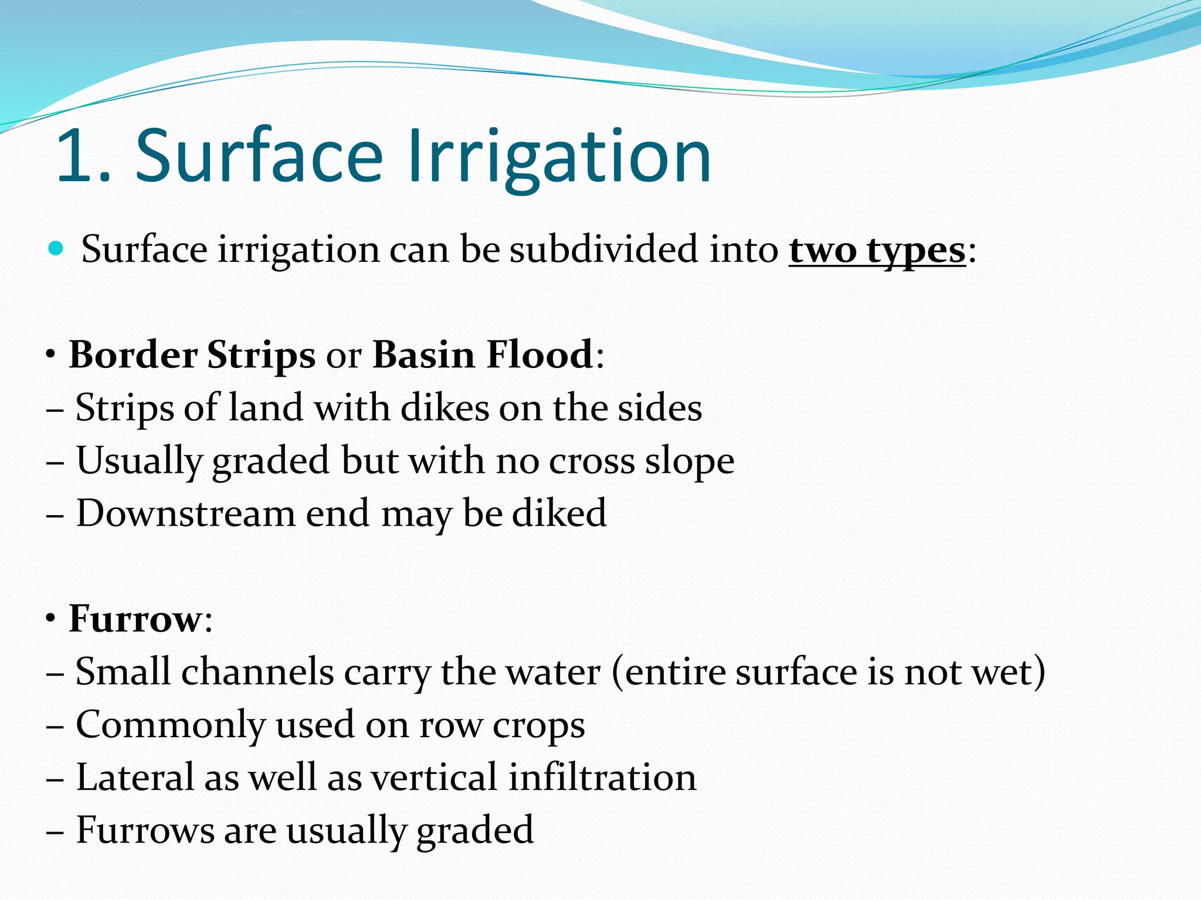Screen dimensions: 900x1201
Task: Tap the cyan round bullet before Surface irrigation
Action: coord(56,249)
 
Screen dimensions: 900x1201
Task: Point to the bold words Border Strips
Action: coord(192,355)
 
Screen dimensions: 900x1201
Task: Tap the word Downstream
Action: coord(186,514)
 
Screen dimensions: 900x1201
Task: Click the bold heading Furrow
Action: coord(135,619)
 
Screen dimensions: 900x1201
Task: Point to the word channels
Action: coord(257,671)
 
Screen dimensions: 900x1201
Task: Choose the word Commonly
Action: coord(171,725)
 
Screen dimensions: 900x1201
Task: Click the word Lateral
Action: coord(134,778)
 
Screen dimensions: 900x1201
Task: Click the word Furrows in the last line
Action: coord(145,830)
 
